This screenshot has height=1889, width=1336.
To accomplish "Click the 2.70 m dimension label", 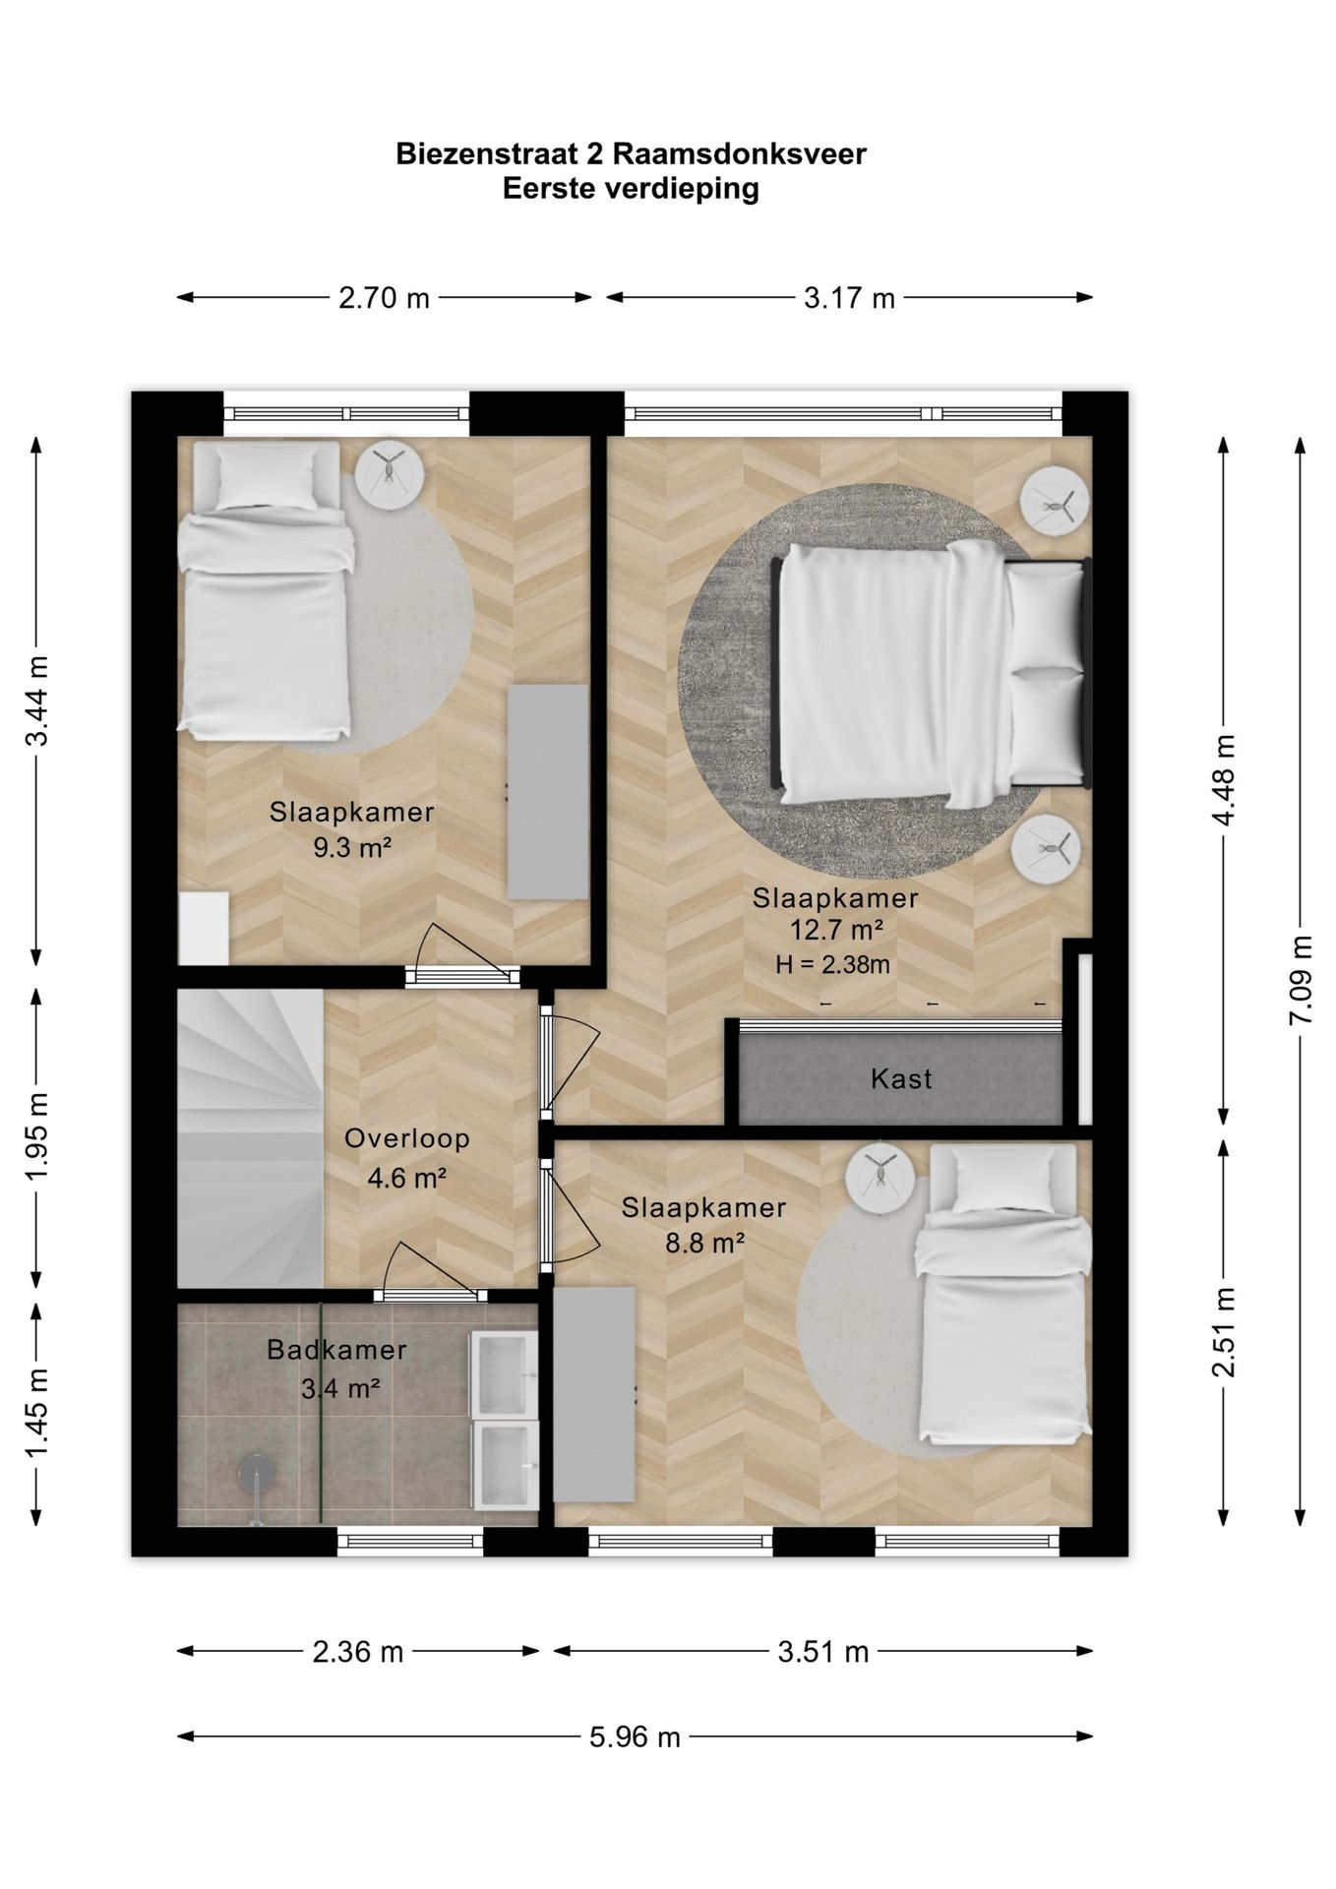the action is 384,298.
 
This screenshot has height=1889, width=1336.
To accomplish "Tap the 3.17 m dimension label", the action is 849,298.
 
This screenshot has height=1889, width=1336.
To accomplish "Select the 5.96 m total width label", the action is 635,1737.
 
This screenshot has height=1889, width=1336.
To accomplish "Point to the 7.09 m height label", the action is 1301,980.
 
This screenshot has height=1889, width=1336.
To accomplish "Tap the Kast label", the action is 901,1079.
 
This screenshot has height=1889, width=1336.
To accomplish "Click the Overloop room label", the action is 406,1138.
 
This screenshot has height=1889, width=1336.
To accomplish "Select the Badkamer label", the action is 336,1350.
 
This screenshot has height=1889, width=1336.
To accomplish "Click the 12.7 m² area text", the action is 835,929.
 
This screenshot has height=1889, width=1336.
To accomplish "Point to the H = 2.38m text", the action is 832,965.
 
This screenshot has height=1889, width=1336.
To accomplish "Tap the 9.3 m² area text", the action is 352,846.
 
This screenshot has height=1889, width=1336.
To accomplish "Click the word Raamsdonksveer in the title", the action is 739,154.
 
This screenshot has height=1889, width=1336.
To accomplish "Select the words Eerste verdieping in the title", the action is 631,188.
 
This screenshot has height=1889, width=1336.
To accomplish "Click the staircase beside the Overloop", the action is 250,1138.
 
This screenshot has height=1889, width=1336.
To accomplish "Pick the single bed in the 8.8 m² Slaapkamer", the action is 1002,1296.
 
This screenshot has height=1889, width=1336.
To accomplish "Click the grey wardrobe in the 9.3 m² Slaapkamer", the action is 547,792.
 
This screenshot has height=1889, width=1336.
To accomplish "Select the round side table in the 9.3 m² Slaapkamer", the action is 389,475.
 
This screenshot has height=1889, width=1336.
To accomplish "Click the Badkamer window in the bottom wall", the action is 410,1541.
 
